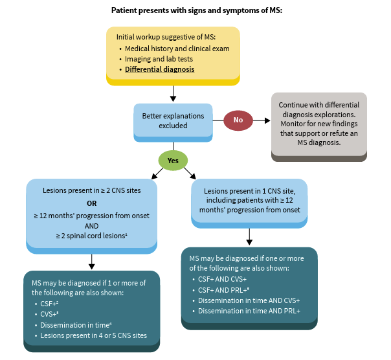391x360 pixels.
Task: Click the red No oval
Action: coord(238,120)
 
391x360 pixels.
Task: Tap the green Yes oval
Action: coord(173,160)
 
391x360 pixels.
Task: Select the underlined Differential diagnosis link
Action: coord(159,69)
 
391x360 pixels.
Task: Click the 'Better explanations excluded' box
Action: coord(173,121)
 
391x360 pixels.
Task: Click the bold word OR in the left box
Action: coord(91,203)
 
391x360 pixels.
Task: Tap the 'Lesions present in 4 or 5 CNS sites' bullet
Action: coord(93,335)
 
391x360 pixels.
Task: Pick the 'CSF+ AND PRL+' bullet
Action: coord(224,289)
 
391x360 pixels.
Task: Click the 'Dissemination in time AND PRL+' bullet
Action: coord(249,311)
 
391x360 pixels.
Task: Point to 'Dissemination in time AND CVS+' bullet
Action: coord(249,300)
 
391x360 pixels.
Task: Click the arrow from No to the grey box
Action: coord(261,120)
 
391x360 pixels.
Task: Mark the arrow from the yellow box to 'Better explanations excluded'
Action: coord(173,93)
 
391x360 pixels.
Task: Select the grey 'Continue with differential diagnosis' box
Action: coord(318,124)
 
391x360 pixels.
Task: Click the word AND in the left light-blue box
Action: coord(91,227)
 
